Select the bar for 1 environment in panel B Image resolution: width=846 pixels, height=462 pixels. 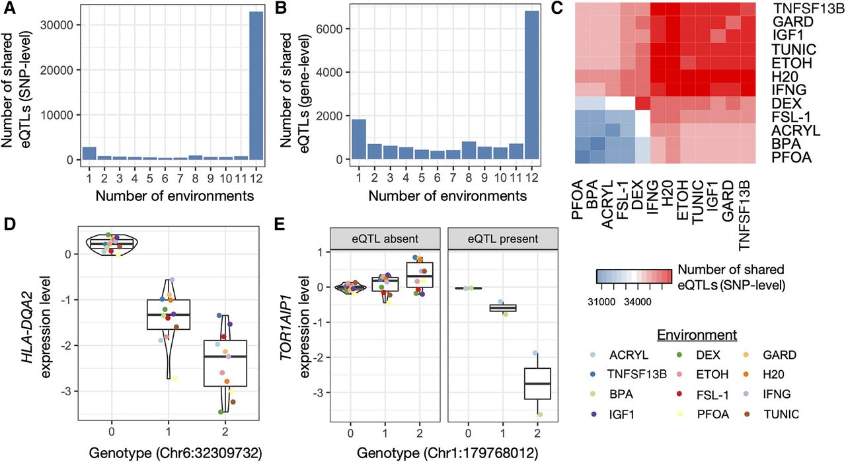[x=358, y=139]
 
